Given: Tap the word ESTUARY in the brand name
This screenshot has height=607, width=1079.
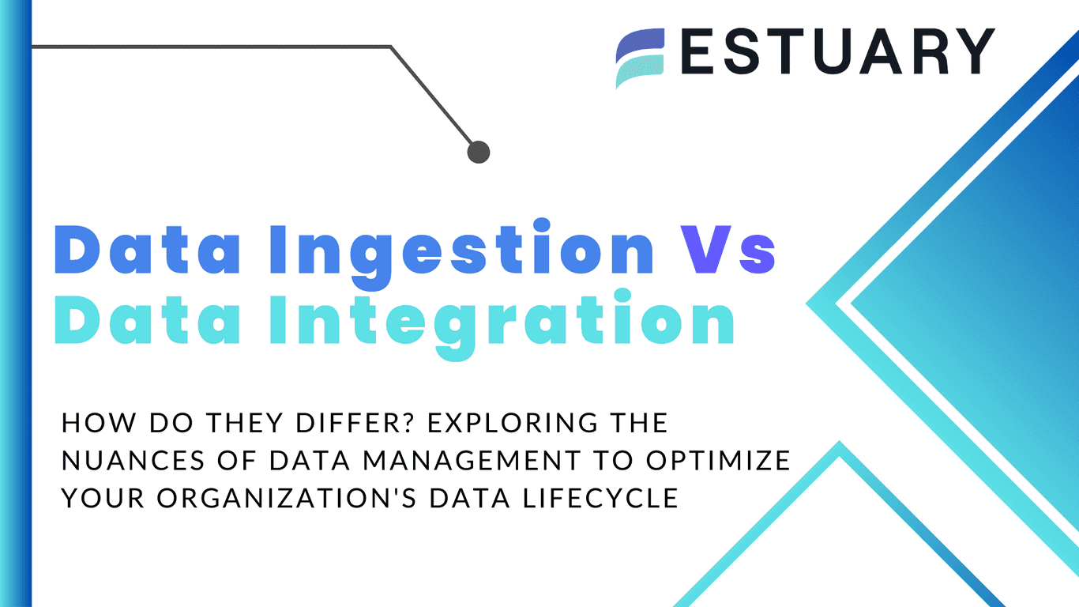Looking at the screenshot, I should [837, 52].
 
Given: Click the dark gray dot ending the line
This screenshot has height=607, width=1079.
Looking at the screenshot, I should [479, 152].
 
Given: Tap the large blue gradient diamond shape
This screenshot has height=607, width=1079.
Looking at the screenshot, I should [979, 300].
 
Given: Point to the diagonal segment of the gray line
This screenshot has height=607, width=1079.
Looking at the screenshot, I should [434, 98].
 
